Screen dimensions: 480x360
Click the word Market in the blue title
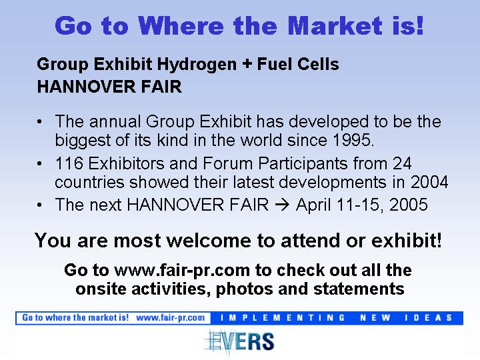click(335, 26)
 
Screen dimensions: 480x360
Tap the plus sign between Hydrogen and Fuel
click(247, 65)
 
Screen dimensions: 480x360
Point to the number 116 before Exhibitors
click(69, 163)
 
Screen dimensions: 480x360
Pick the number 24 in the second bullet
click(402, 163)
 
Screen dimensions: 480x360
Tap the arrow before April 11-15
click(282, 205)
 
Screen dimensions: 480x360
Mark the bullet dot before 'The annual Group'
click(39, 122)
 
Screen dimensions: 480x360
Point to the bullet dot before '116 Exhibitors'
click(39, 164)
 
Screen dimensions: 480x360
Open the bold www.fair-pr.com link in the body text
click(182, 271)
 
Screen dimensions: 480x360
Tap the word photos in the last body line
click(244, 289)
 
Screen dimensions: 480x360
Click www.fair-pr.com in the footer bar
click(171, 318)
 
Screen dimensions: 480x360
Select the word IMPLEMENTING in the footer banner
click(283, 318)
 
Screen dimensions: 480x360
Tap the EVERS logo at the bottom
click(239, 341)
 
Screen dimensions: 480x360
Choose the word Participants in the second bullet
click(303, 164)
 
